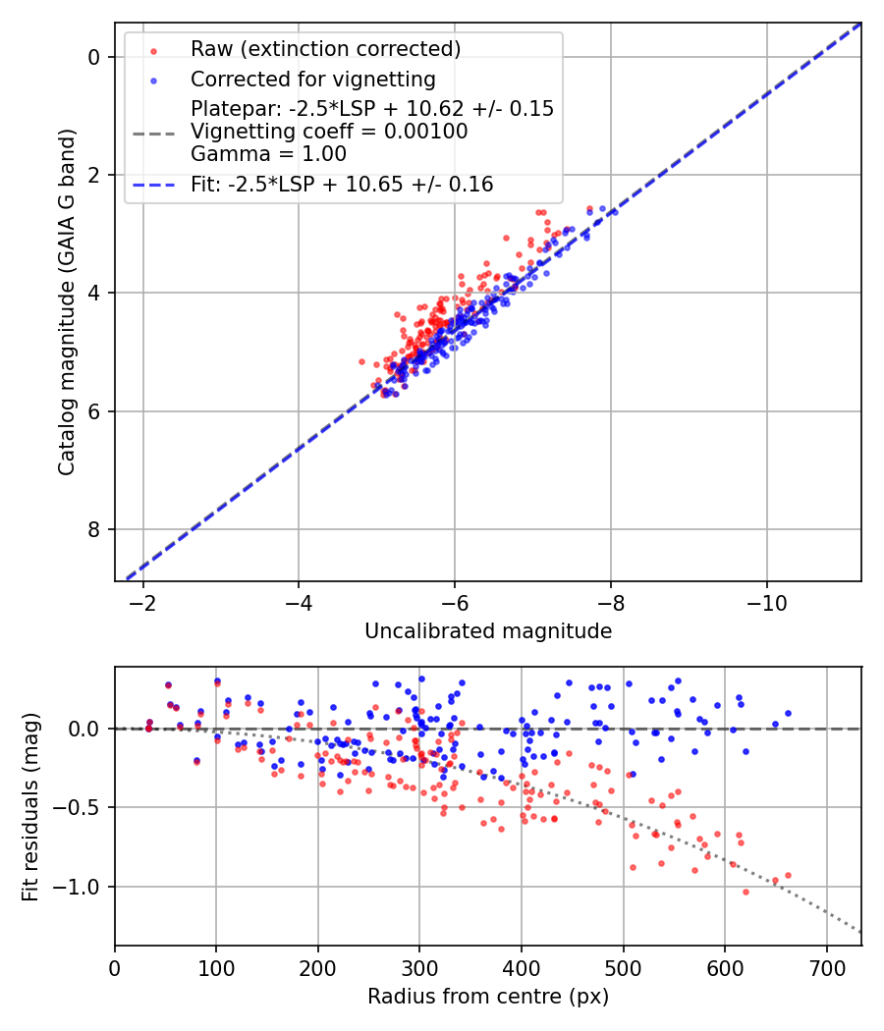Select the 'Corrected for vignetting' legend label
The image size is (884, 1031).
[x=312, y=79]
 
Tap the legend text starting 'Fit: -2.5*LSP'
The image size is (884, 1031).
[x=342, y=184]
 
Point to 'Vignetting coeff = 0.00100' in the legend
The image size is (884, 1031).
[x=329, y=132]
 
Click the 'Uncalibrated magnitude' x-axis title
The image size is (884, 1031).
[x=488, y=631]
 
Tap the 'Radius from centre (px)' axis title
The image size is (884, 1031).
[x=488, y=997]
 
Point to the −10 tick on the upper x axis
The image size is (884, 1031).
[x=766, y=602]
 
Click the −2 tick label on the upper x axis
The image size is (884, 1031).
[x=143, y=602]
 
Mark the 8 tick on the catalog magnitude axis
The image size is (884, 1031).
[x=93, y=530]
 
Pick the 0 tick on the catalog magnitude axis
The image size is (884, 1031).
[x=93, y=57]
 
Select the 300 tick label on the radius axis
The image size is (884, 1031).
[x=419, y=967]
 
